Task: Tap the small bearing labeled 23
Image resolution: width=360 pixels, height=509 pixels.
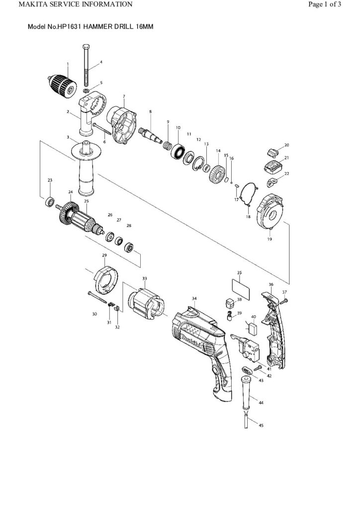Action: tap(50, 202)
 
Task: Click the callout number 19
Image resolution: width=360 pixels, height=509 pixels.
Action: tap(270, 239)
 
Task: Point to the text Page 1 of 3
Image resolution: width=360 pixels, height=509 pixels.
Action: tap(324, 5)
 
